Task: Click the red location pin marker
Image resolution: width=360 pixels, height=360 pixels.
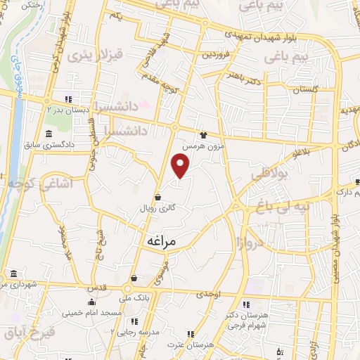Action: [x=181, y=166]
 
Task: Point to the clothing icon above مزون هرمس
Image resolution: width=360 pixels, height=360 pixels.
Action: [x=204, y=135]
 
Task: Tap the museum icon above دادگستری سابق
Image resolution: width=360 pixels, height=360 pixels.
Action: [x=48, y=134]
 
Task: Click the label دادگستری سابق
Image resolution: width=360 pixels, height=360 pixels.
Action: [x=47, y=146]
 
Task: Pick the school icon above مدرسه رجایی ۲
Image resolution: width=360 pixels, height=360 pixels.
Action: [x=134, y=321]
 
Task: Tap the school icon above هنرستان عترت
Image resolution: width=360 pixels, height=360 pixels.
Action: [x=191, y=334]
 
